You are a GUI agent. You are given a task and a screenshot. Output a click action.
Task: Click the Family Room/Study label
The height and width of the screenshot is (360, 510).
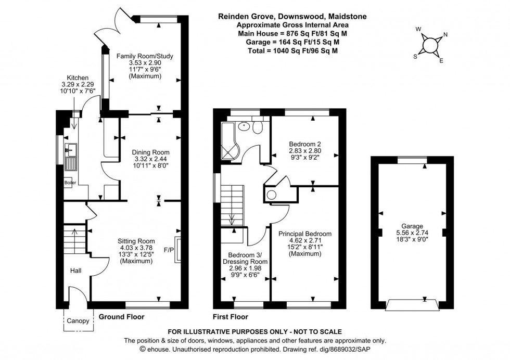[145, 56]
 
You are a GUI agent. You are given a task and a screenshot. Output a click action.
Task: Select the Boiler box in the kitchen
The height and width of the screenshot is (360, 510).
[69, 183]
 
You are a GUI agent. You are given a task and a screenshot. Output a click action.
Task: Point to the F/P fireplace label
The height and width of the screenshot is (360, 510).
[169, 249]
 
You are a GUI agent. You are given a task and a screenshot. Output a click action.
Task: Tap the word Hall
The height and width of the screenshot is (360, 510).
[74, 271]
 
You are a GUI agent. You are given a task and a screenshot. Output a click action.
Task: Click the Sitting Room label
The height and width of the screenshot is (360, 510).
[136, 241]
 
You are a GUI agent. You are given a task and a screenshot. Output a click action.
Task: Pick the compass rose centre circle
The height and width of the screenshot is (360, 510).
[430, 45]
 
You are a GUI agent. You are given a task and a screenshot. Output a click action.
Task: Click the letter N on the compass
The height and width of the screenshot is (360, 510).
[444, 35]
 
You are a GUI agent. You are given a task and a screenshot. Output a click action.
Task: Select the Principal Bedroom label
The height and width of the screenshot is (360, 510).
[304, 234]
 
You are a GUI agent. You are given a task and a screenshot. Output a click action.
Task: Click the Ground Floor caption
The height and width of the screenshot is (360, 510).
[121, 316]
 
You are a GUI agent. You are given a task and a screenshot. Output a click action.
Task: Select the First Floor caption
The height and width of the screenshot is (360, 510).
[230, 316]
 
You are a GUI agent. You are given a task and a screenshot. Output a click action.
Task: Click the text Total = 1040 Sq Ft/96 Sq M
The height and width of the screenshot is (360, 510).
[291, 50]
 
